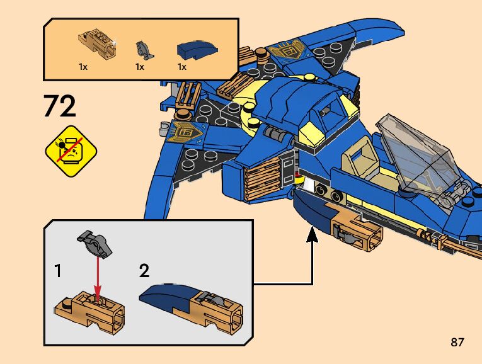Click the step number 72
click(60, 106)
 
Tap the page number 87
click(457, 343)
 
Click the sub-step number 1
click(58, 271)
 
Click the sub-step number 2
click(144, 271)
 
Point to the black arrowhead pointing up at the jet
click(312, 236)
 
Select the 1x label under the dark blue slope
click(182, 66)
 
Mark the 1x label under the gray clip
click(140, 66)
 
